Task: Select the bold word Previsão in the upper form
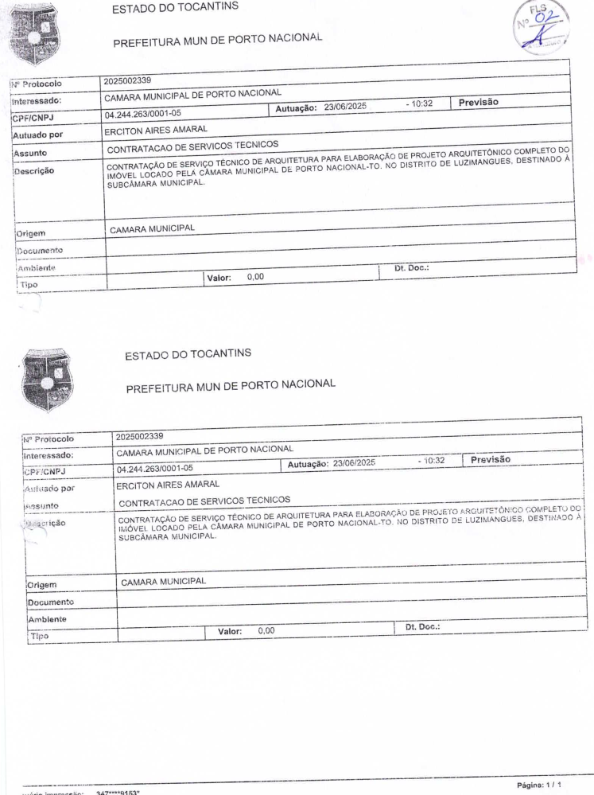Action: [483, 102]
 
